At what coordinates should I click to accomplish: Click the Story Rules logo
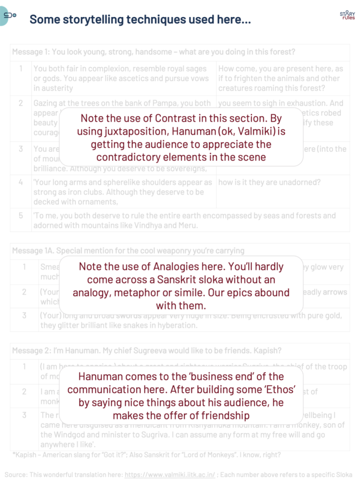click(347, 16)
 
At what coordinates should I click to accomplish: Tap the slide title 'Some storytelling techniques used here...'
click(140, 20)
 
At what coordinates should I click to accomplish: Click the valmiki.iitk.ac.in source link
click(169, 474)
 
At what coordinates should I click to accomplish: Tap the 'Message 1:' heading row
click(153, 52)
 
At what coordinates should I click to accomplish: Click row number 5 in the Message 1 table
click(21, 216)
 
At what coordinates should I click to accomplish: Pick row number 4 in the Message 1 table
click(21, 182)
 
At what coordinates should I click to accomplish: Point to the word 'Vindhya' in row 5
click(182, 225)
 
